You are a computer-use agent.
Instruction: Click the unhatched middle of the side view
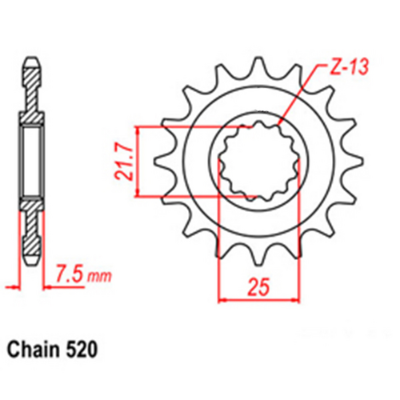click(32, 160)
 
